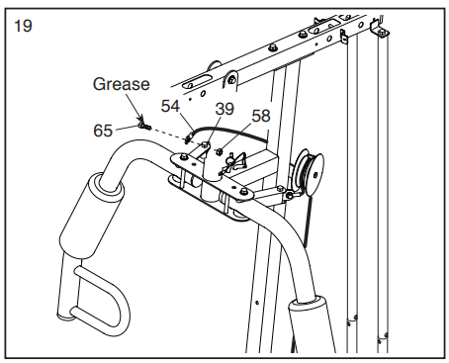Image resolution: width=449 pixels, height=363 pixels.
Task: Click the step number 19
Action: click(x=23, y=26)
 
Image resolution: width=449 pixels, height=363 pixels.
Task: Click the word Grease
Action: click(x=122, y=84)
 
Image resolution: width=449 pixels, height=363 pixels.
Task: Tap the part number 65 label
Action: click(x=103, y=131)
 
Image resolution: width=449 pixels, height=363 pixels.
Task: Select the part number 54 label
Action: click(x=170, y=106)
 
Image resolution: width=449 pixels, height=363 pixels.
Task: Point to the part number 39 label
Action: click(x=224, y=109)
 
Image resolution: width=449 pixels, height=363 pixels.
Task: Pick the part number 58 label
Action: click(x=261, y=116)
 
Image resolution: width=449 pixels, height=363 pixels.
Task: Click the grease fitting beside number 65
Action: click(x=144, y=126)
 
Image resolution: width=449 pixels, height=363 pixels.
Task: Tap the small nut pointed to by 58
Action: click(x=219, y=151)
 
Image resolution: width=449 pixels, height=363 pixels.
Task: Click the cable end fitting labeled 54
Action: click(x=189, y=137)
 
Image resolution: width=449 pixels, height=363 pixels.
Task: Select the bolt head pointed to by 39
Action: click(x=205, y=144)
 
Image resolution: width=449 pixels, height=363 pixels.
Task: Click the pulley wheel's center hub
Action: click(x=316, y=175)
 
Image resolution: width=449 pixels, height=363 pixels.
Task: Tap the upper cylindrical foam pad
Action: click(x=92, y=216)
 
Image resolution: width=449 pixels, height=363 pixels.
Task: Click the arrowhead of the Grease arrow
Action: click(x=142, y=118)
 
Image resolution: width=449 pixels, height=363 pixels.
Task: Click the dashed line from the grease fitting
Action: click(x=167, y=135)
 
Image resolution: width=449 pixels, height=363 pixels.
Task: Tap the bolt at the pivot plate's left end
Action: click(x=184, y=157)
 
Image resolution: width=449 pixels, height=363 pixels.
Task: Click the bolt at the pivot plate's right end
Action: click(x=243, y=191)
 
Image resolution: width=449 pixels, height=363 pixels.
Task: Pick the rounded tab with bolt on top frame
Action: click(x=231, y=79)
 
